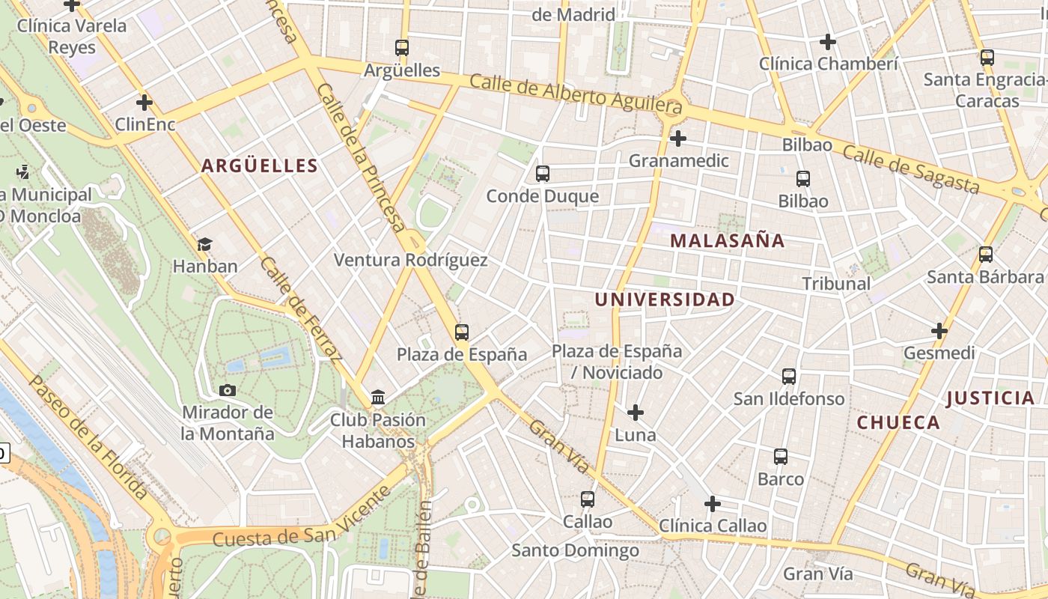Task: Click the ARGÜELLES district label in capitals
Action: (260, 165)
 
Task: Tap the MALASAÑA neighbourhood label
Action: (728, 240)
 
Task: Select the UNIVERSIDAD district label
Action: (665, 299)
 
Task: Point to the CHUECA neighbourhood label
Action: (898, 422)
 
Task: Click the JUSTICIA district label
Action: (990, 398)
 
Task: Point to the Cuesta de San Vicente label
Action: (302, 517)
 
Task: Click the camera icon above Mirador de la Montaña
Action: (228, 390)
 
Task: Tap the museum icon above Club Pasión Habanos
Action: (378, 397)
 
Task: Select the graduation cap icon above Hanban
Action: (204, 244)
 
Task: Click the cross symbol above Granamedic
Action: (678, 139)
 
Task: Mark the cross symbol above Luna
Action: (636, 413)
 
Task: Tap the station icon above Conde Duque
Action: (543, 174)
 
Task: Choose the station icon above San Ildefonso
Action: (789, 376)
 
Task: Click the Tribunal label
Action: (836, 284)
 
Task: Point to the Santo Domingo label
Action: (575, 551)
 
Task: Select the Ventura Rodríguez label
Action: (410, 261)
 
